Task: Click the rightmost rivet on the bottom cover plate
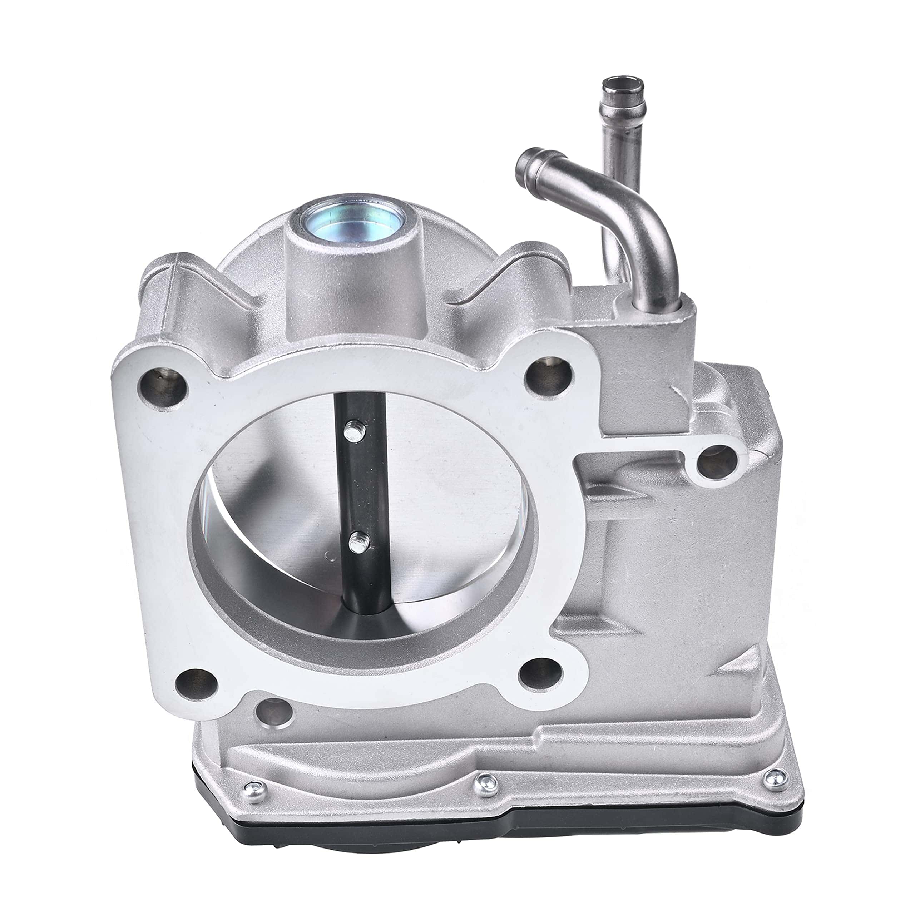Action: (772, 776)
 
